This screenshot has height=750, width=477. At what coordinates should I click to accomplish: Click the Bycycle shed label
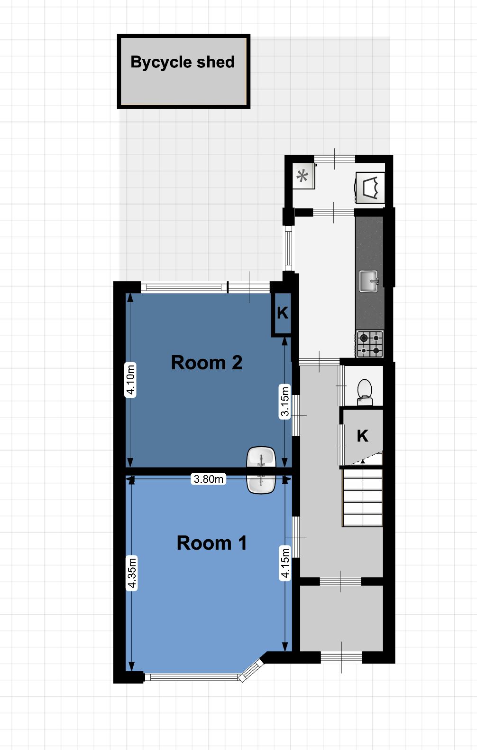coord(182,63)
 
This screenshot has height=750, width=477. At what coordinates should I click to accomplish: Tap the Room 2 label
coord(206,363)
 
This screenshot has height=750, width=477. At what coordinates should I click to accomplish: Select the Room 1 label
coord(211,543)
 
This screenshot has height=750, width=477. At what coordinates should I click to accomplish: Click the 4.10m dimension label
coord(130,380)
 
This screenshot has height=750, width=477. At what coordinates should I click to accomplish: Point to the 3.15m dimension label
coord(284,401)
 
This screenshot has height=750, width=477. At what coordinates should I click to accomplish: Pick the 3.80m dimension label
coord(209,479)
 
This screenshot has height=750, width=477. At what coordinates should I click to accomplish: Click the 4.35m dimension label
coord(132,573)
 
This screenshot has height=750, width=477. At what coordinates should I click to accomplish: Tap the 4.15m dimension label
coord(284,563)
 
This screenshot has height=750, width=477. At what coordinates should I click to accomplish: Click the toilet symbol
coord(365,392)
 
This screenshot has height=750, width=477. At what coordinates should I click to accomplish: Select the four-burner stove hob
coord(370,344)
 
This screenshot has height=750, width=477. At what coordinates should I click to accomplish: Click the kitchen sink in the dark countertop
coord(368,281)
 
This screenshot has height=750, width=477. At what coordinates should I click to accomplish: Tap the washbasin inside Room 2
coord(261,457)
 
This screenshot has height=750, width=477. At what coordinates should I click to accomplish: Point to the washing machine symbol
coord(370,187)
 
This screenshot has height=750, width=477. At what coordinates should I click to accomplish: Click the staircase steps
coord(362,497)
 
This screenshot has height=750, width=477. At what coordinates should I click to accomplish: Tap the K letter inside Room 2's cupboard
coord(283,313)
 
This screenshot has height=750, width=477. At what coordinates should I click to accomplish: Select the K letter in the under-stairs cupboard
coord(363,436)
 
